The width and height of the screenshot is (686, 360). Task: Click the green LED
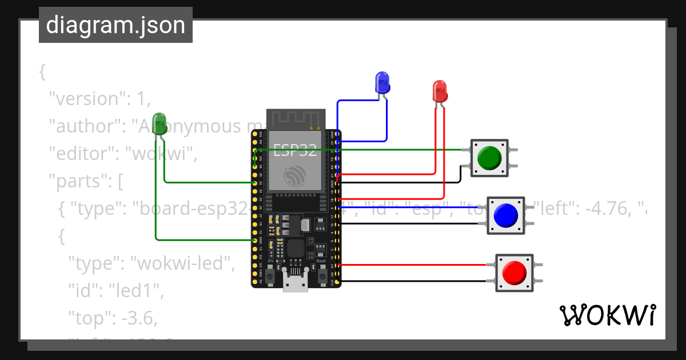point(159,122)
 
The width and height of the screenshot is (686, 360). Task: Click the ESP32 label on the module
point(295,151)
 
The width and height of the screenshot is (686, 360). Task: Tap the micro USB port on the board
point(296,283)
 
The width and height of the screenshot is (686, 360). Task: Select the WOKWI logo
point(607,315)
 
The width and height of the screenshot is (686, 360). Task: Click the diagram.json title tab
point(115,25)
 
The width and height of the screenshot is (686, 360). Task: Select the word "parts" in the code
point(80,182)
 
